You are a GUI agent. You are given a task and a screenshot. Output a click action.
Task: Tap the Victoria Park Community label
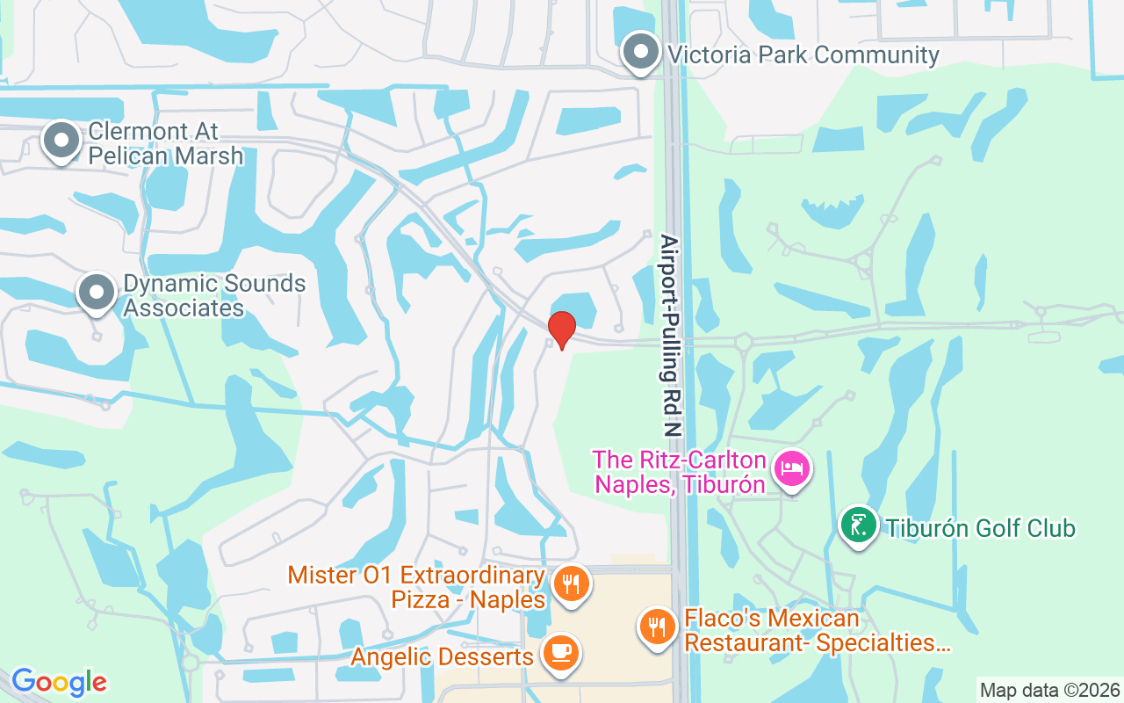(x=803, y=54)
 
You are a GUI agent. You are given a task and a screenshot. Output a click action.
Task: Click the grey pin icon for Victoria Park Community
(x=641, y=52)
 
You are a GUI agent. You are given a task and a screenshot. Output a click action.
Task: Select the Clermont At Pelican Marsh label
(x=165, y=144)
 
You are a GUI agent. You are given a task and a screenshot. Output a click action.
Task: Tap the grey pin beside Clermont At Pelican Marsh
(x=61, y=141)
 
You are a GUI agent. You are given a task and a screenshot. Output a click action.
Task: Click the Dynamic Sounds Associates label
(x=213, y=296)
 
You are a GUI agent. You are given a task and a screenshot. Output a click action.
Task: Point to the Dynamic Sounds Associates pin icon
(x=97, y=292)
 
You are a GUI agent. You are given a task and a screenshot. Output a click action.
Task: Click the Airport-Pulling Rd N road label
(x=672, y=337)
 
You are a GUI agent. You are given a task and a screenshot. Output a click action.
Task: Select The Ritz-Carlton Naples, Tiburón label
(x=679, y=472)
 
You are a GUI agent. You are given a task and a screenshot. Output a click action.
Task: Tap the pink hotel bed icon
(x=792, y=468)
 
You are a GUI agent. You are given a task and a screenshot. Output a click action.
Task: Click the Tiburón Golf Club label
(x=980, y=528)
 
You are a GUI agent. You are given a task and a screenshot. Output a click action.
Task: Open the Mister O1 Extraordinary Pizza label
(x=416, y=587)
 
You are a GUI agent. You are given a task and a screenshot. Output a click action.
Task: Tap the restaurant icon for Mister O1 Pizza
(x=571, y=582)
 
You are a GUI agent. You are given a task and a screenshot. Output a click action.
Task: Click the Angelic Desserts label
(x=442, y=656)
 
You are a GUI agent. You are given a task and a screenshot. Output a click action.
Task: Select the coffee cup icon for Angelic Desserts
(x=559, y=653)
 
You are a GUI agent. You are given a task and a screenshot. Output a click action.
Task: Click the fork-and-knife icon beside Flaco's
(x=656, y=627)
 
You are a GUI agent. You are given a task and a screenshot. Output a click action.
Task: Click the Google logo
(x=59, y=682)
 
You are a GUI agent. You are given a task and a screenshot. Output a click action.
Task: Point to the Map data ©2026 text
(x=1050, y=690)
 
